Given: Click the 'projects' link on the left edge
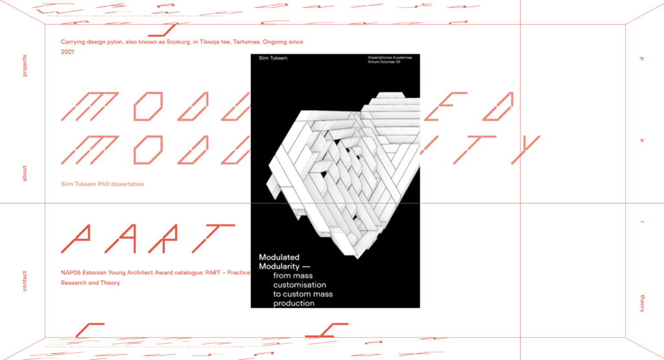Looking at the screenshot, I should point(25,66).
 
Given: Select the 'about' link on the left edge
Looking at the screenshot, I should point(25,173).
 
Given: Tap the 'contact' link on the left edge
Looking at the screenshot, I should point(25,281).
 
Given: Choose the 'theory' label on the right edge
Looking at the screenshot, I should point(642,303).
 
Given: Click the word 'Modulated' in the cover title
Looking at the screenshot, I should point(279,258).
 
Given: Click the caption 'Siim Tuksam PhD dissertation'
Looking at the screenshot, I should point(102,184).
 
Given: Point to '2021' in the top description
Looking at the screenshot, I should point(68,51).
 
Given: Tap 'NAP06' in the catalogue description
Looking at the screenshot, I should point(72,273).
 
